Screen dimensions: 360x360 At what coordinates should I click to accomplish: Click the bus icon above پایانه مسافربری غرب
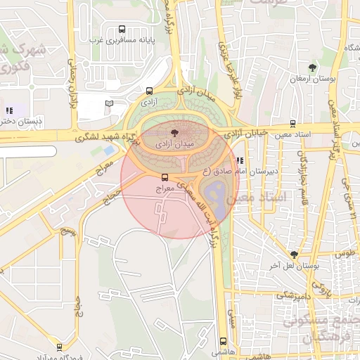point(122,30)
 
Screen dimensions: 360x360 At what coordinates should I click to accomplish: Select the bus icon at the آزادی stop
point(149,91)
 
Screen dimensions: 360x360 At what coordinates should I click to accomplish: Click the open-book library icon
point(109,103)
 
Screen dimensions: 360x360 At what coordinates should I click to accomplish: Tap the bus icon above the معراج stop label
point(165,177)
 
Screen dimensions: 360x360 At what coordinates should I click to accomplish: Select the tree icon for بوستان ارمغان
point(311,68)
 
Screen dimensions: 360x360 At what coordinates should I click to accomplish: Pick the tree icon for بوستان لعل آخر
point(294,255)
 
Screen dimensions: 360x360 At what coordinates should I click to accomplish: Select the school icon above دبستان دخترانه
point(9,110)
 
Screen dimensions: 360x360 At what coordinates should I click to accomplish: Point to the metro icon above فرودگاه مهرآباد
point(59,347)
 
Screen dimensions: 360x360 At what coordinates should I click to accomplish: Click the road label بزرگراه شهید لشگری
point(92,135)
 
